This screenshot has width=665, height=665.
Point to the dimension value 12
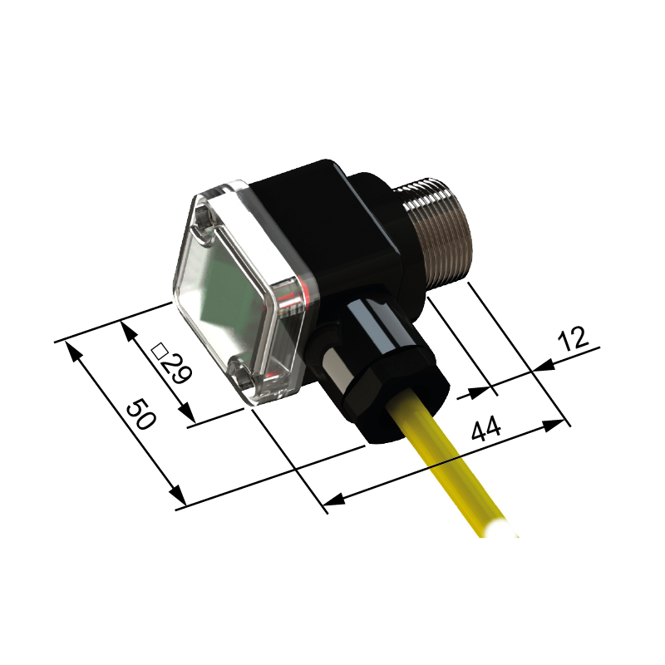pyautogui.click(x=574, y=339)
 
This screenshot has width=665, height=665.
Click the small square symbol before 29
pyautogui.click(x=160, y=350)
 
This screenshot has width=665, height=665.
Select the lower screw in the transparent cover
pyautogui.click(x=242, y=373)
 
